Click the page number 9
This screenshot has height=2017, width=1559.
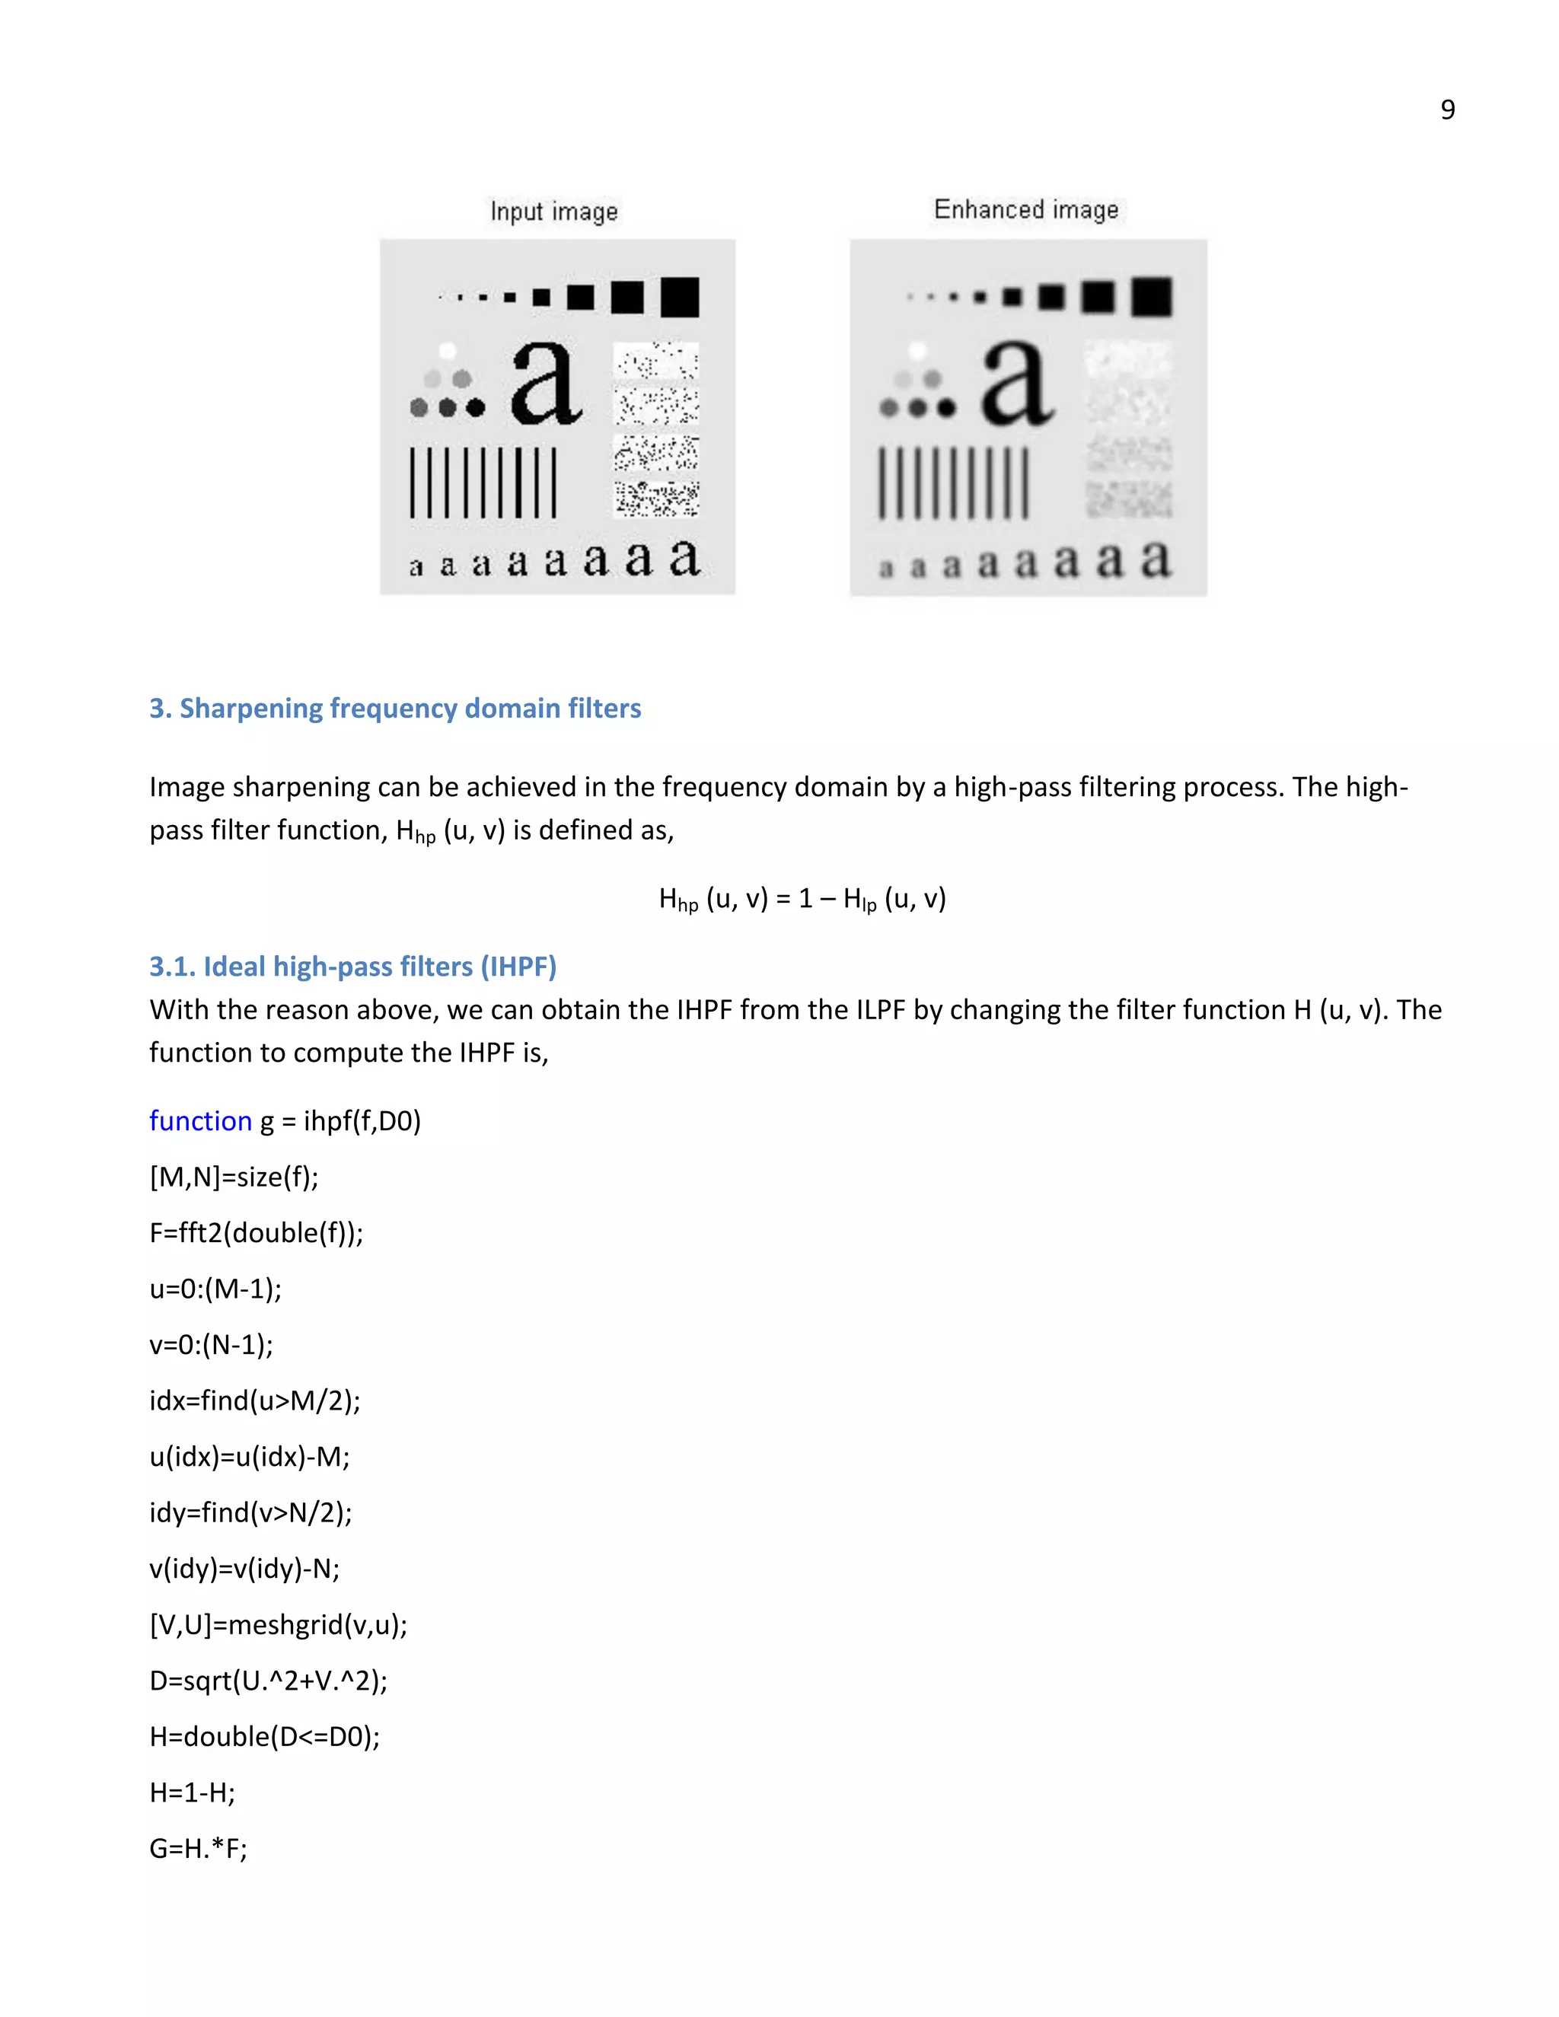[1447, 110]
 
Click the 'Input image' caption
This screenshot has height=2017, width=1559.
[553, 212]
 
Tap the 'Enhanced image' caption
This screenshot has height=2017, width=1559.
[1025, 209]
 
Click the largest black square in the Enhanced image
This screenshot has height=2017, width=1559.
[1152, 296]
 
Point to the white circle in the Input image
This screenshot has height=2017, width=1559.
[447, 351]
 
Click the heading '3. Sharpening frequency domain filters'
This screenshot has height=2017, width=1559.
[395, 709]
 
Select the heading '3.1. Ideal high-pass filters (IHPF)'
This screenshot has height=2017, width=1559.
[352, 966]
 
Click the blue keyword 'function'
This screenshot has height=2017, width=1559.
[200, 1120]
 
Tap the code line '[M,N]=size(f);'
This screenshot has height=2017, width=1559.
[234, 1177]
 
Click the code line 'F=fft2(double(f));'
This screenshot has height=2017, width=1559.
[256, 1233]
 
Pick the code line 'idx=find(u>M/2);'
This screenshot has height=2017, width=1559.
[255, 1400]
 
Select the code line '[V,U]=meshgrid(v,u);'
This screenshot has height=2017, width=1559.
[278, 1624]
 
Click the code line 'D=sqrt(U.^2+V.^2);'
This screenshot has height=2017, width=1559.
[268, 1680]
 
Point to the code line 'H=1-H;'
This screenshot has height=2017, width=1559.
[192, 1792]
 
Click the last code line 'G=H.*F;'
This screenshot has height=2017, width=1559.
[198, 1848]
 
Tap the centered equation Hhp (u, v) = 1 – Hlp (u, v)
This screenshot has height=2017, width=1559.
[802, 899]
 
